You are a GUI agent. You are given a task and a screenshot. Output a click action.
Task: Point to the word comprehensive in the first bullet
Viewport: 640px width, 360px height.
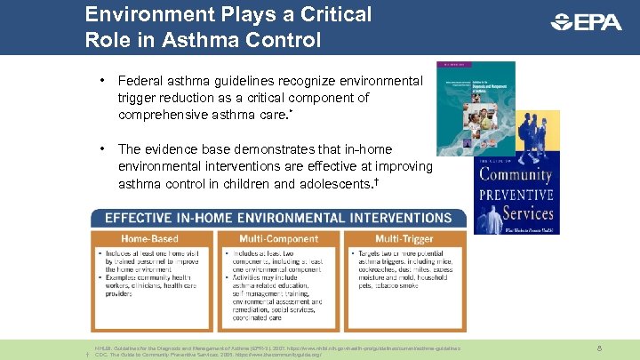pyautogui.click(x=162, y=115)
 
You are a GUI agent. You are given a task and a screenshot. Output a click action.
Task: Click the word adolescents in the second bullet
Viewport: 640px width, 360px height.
pyautogui.click(x=336, y=183)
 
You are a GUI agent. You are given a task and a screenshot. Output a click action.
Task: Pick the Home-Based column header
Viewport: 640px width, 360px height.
pyautogui.click(x=153, y=238)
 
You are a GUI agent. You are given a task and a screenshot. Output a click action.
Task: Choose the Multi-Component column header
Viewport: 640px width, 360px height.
pyautogui.click(x=277, y=238)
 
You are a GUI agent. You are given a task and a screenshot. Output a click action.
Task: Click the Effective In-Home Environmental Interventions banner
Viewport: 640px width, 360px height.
pyautogui.click(x=277, y=218)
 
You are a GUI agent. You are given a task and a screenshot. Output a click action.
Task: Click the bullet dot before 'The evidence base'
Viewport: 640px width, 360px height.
pyautogui.click(x=104, y=148)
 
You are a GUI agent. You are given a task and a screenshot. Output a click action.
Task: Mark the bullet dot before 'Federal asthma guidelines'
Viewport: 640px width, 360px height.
pyautogui.click(x=104, y=81)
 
